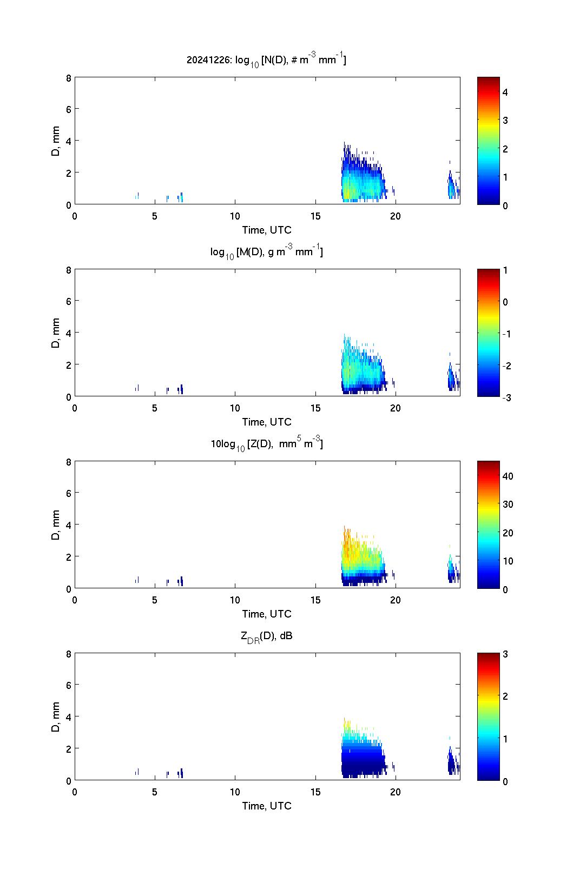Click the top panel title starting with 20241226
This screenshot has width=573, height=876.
click(x=266, y=60)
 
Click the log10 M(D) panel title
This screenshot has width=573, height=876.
click(x=266, y=252)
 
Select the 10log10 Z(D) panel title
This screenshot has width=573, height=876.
click(x=266, y=444)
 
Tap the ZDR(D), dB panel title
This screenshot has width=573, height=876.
click(x=266, y=636)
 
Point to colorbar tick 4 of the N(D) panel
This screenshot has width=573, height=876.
click(x=505, y=92)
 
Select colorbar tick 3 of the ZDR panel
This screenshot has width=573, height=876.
click(x=505, y=654)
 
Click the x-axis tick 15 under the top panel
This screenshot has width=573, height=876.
click(x=315, y=216)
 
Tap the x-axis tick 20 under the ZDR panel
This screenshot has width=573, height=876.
click(x=396, y=792)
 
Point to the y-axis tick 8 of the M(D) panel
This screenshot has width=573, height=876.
click(x=68, y=269)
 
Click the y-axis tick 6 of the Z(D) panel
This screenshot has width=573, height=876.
click(x=68, y=493)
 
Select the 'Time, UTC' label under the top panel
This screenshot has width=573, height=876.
click(x=267, y=230)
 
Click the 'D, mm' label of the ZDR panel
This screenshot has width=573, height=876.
click(x=55, y=716)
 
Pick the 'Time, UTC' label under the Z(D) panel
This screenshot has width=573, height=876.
click(x=267, y=614)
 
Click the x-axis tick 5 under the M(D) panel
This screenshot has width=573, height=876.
click(x=155, y=408)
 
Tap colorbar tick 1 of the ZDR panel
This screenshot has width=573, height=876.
click(x=505, y=739)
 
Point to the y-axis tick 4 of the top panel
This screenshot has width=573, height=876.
click(x=68, y=141)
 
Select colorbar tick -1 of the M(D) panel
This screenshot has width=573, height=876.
click(x=507, y=334)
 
